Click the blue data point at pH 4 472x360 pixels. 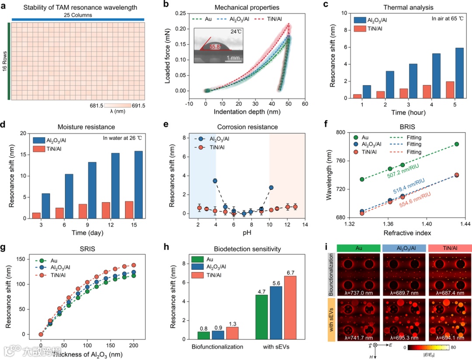coord(215,181)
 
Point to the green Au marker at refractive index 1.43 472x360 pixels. coord(457,144)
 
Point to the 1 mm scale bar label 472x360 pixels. coord(236,57)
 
